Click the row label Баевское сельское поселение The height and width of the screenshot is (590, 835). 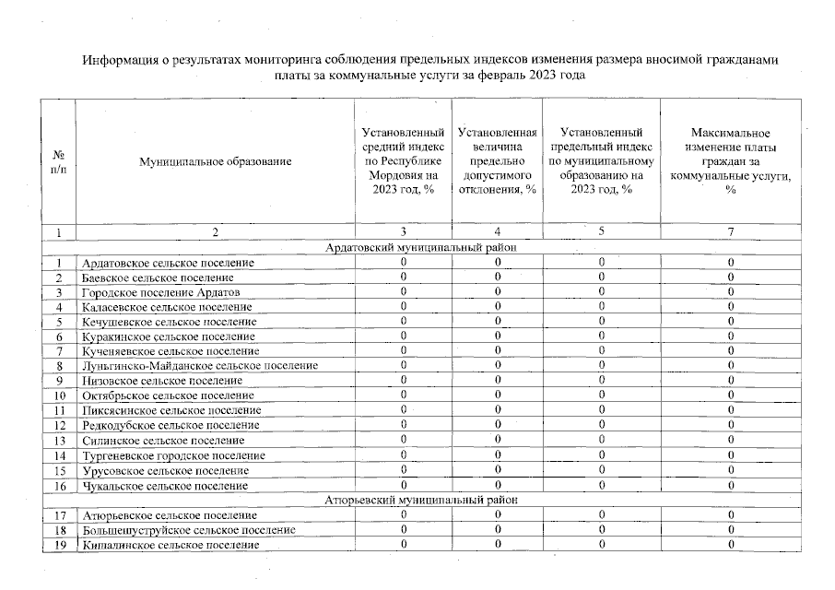pos(157,277)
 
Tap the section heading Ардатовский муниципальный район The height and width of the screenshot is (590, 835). pos(421,248)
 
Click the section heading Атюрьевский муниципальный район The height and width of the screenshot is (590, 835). pos(421,500)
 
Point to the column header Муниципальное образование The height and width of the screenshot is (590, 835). pos(215,161)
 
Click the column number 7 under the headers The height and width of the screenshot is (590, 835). pos(730,232)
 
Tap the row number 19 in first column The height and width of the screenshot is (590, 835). pos(59,545)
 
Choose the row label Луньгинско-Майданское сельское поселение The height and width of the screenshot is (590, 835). pos(199,366)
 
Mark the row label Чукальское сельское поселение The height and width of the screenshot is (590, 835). pos(164,485)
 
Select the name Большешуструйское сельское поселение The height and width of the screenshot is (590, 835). pos(188,530)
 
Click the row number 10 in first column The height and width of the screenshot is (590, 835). pos(59,395)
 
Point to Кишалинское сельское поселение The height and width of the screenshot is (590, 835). pos(170,545)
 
